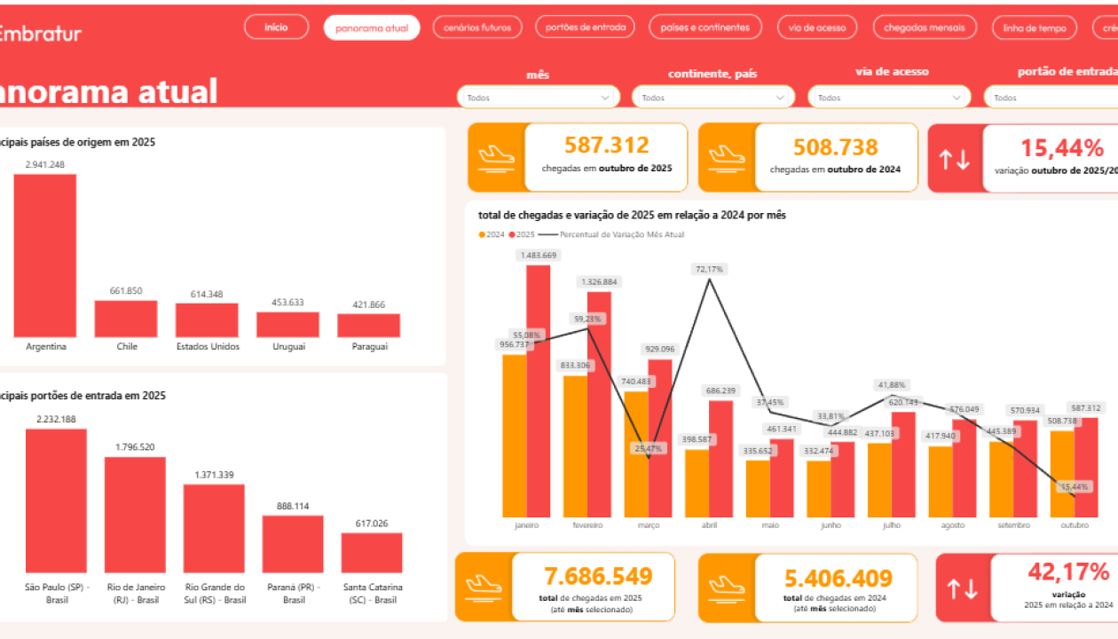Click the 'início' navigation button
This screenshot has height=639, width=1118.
click(x=276, y=28)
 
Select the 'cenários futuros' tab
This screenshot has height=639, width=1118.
click(x=477, y=28)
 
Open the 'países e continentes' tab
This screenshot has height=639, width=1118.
click(x=705, y=28)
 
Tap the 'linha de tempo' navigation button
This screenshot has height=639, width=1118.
click(x=1035, y=28)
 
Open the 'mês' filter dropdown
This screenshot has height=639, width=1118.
click(x=538, y=98)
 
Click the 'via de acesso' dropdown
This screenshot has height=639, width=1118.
click(x=889, y=98)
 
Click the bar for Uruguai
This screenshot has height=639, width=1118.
click(x=287, y=324)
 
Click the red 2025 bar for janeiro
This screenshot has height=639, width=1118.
click(x=538, y=390)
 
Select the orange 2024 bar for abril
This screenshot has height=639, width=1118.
click(x=697, y=483)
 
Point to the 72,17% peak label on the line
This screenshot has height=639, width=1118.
click(x=709, y=269)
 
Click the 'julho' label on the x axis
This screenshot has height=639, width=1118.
click(x=892, y=525)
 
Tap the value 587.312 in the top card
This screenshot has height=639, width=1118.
click(x=607, y=146)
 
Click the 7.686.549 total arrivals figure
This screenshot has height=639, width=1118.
click(x=597, y=577)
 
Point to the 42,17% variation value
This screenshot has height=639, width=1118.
click(x=1068, y=572)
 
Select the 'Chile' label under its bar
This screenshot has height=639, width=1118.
click(x=127, y=346)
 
